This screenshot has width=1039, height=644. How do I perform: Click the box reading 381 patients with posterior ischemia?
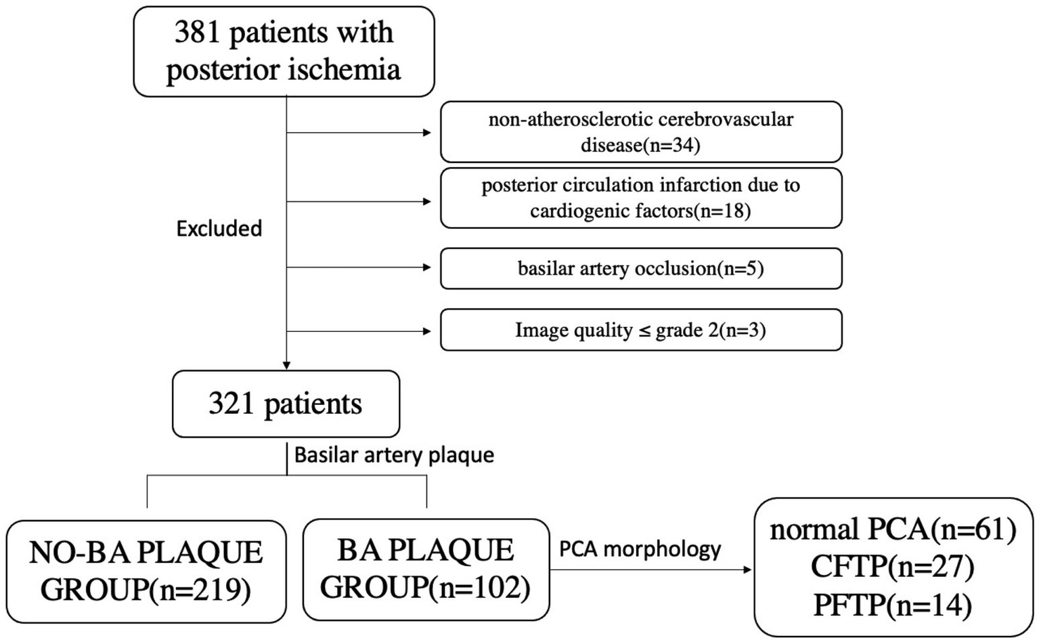[x=284, y=51]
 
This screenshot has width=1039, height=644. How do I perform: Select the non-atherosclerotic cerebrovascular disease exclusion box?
[x=640, y=132]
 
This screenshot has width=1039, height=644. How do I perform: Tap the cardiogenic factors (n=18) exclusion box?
[x=640, y=198]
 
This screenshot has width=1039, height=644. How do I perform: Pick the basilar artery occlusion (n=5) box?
[x=640, y=269]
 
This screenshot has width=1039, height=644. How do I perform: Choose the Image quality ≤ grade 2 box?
[x=640, y=330]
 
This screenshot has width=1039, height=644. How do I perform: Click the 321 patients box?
[x=286, y=404]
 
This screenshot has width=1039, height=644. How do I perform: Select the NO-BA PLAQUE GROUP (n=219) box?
[x=146, y=571]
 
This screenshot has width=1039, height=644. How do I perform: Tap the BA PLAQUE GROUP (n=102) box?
[x=426, y=570]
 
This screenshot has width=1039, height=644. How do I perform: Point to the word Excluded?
[x=219, y=229]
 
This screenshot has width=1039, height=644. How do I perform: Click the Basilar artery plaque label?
[x=394, y=454]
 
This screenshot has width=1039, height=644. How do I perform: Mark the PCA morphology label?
[x=640, y=549]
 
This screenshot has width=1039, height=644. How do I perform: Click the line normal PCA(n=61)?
[x=893, y=529]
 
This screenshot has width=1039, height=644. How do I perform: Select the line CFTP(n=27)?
[x=893, y=567]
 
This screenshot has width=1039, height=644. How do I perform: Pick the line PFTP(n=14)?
[x=893, y=605]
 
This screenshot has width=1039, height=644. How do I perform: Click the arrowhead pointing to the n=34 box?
[x=427, y=133]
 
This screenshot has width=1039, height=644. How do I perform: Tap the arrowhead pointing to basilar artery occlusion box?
[x=427, y=267]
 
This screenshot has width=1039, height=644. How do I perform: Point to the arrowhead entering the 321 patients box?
[x=286, y=366]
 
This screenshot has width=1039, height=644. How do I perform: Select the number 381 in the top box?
[x=196, y=33]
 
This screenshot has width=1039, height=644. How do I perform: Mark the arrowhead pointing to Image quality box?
[x=427, y=331]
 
